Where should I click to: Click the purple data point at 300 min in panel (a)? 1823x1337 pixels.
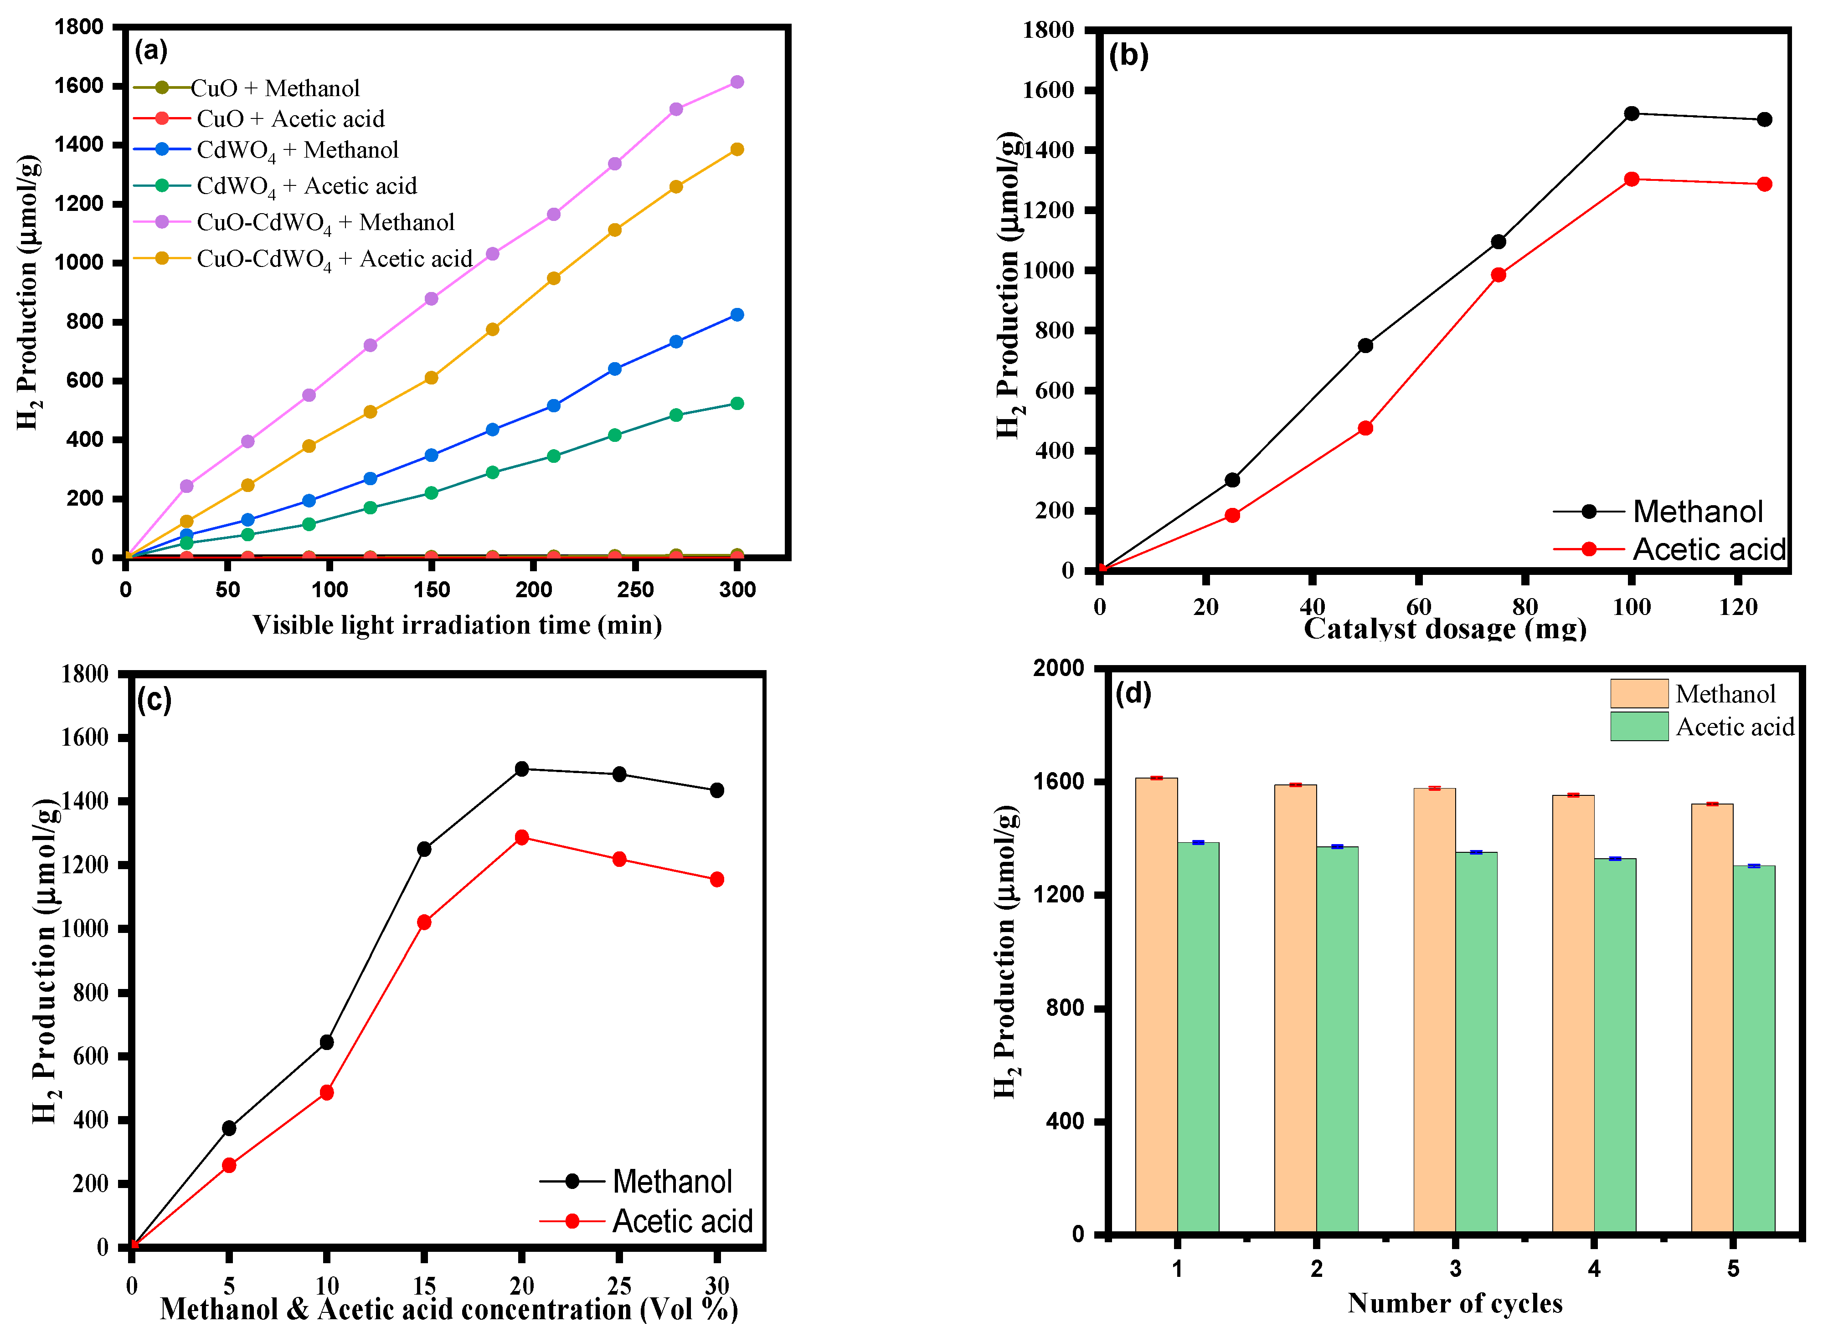(736, 82)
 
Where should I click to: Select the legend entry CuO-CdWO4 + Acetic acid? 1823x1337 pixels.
(334, 259)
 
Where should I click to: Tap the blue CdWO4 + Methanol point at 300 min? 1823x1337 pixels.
(736, 315)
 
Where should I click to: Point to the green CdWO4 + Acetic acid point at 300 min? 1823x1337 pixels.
(736, 403)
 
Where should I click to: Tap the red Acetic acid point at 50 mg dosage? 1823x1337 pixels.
(1365, 428)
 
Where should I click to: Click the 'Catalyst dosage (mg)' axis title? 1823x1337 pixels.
(1444, 629)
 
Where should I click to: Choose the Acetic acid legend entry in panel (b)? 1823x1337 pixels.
(1708, 549)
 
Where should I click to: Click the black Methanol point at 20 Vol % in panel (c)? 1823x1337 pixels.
(521, 769)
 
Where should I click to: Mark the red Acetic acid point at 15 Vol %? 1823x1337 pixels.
(423, 922)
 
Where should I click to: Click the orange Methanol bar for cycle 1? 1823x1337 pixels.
(1156, 1004)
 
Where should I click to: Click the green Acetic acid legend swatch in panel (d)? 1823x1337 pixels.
(1638, 726)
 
